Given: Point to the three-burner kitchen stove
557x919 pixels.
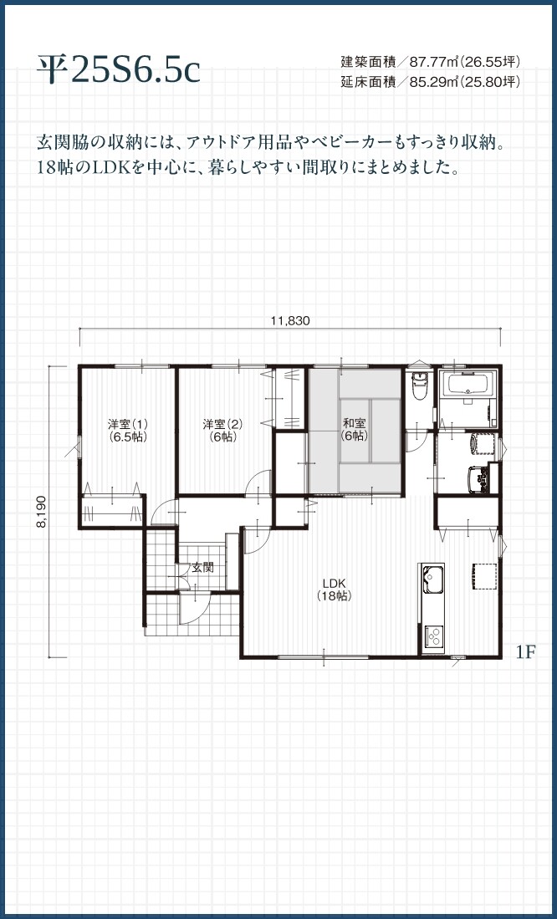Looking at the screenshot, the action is pyautogui.click(x=434, y=636).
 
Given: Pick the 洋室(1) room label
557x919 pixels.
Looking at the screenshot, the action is pyautogui.click(x=126, y=429).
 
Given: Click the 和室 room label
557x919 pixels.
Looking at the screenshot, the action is pyautogui.click(x=354, y=429).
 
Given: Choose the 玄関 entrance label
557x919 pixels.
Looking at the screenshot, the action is pyautogui.click(x=201, y=567).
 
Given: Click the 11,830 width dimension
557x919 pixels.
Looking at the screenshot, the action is pyautogui.click(x=289, y=320).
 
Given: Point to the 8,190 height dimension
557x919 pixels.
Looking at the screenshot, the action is pyautogui.click(x=41, y=512).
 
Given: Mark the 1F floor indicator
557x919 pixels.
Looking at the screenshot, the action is pyautogui.click(x=525, y=651).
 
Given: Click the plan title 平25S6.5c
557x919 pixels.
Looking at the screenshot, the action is pyautogui.click(x=118, y=69).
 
